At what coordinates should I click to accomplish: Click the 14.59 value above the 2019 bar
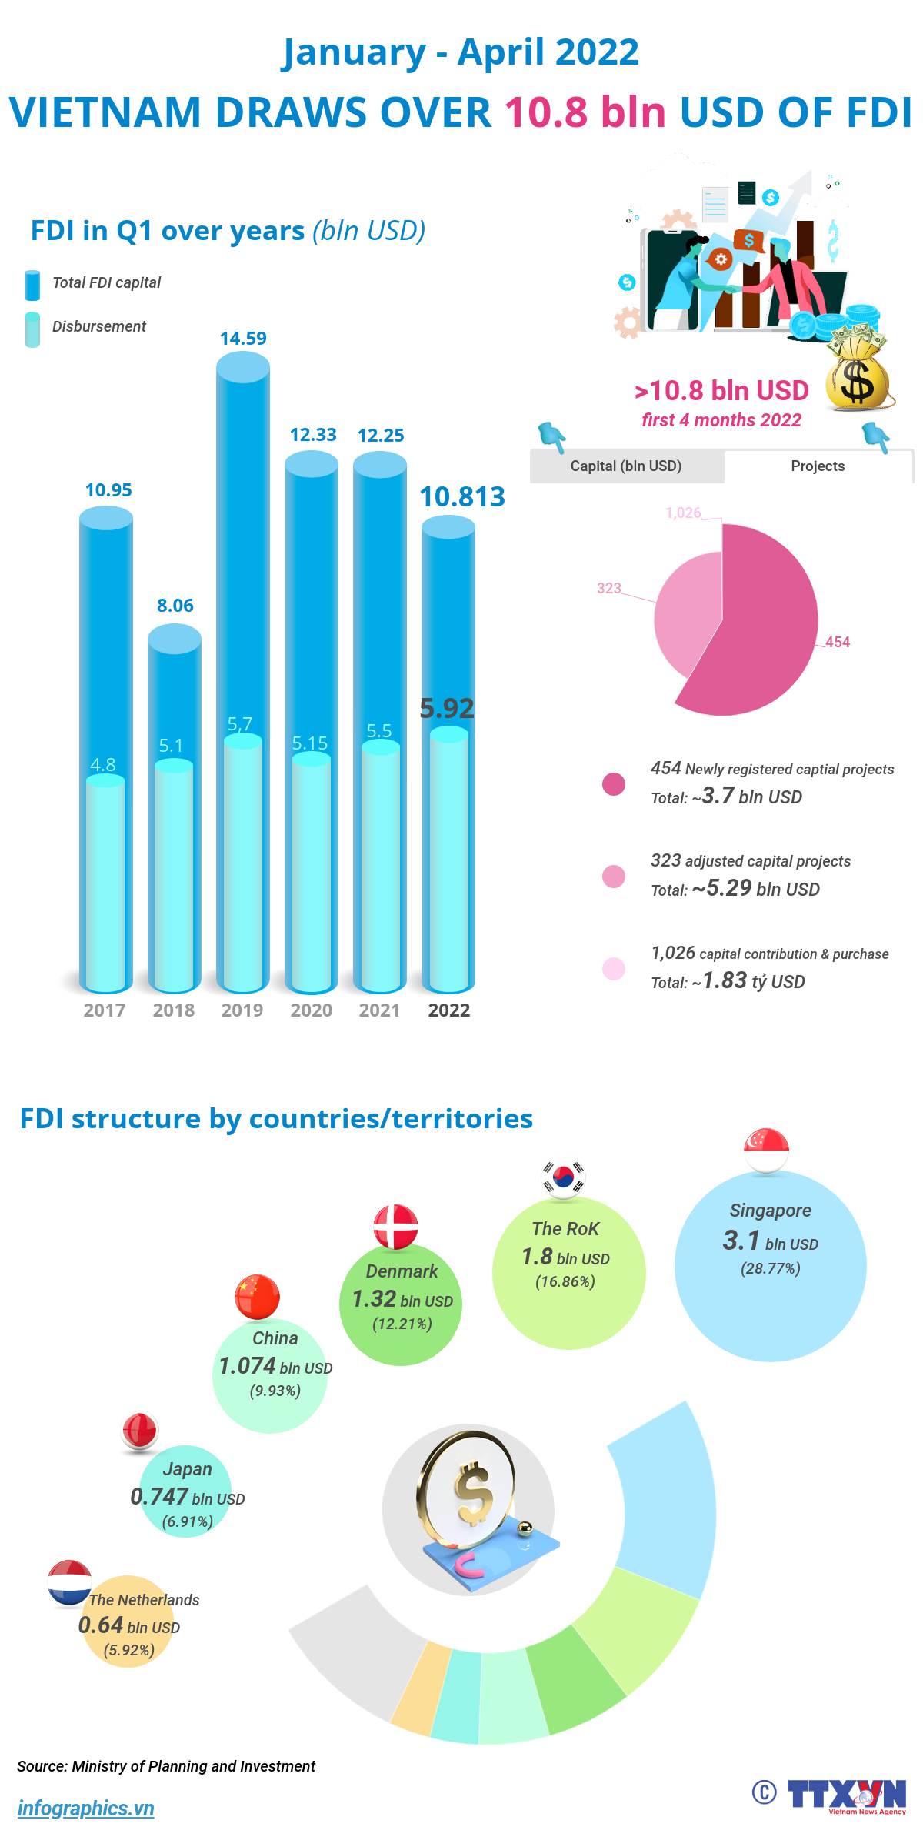click(243, 339)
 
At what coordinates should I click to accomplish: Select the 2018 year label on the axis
click(174, 1010)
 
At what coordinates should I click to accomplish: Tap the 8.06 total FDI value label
click(175, 606)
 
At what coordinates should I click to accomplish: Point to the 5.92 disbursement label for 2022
click(447, 708)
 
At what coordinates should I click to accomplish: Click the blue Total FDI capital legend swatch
click(32, 285)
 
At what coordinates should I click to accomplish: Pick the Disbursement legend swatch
click(32, 329)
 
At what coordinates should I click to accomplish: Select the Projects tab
click(818, 466)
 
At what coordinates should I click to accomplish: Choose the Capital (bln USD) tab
click(626, 466)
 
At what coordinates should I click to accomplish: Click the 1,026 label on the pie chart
click(683, 513)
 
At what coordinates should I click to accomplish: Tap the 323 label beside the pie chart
click(609, 589)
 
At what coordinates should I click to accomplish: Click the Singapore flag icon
click(766, 1151)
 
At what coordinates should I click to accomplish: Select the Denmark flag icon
click(395, 1227)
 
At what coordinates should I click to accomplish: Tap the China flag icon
click(257, 1297)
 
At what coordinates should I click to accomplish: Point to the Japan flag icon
click(139, 1431)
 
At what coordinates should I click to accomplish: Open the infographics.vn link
click(85, 1808)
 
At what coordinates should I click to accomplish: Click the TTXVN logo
click(846, 1795)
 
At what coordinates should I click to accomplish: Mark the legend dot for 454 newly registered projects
click(614, 784)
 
